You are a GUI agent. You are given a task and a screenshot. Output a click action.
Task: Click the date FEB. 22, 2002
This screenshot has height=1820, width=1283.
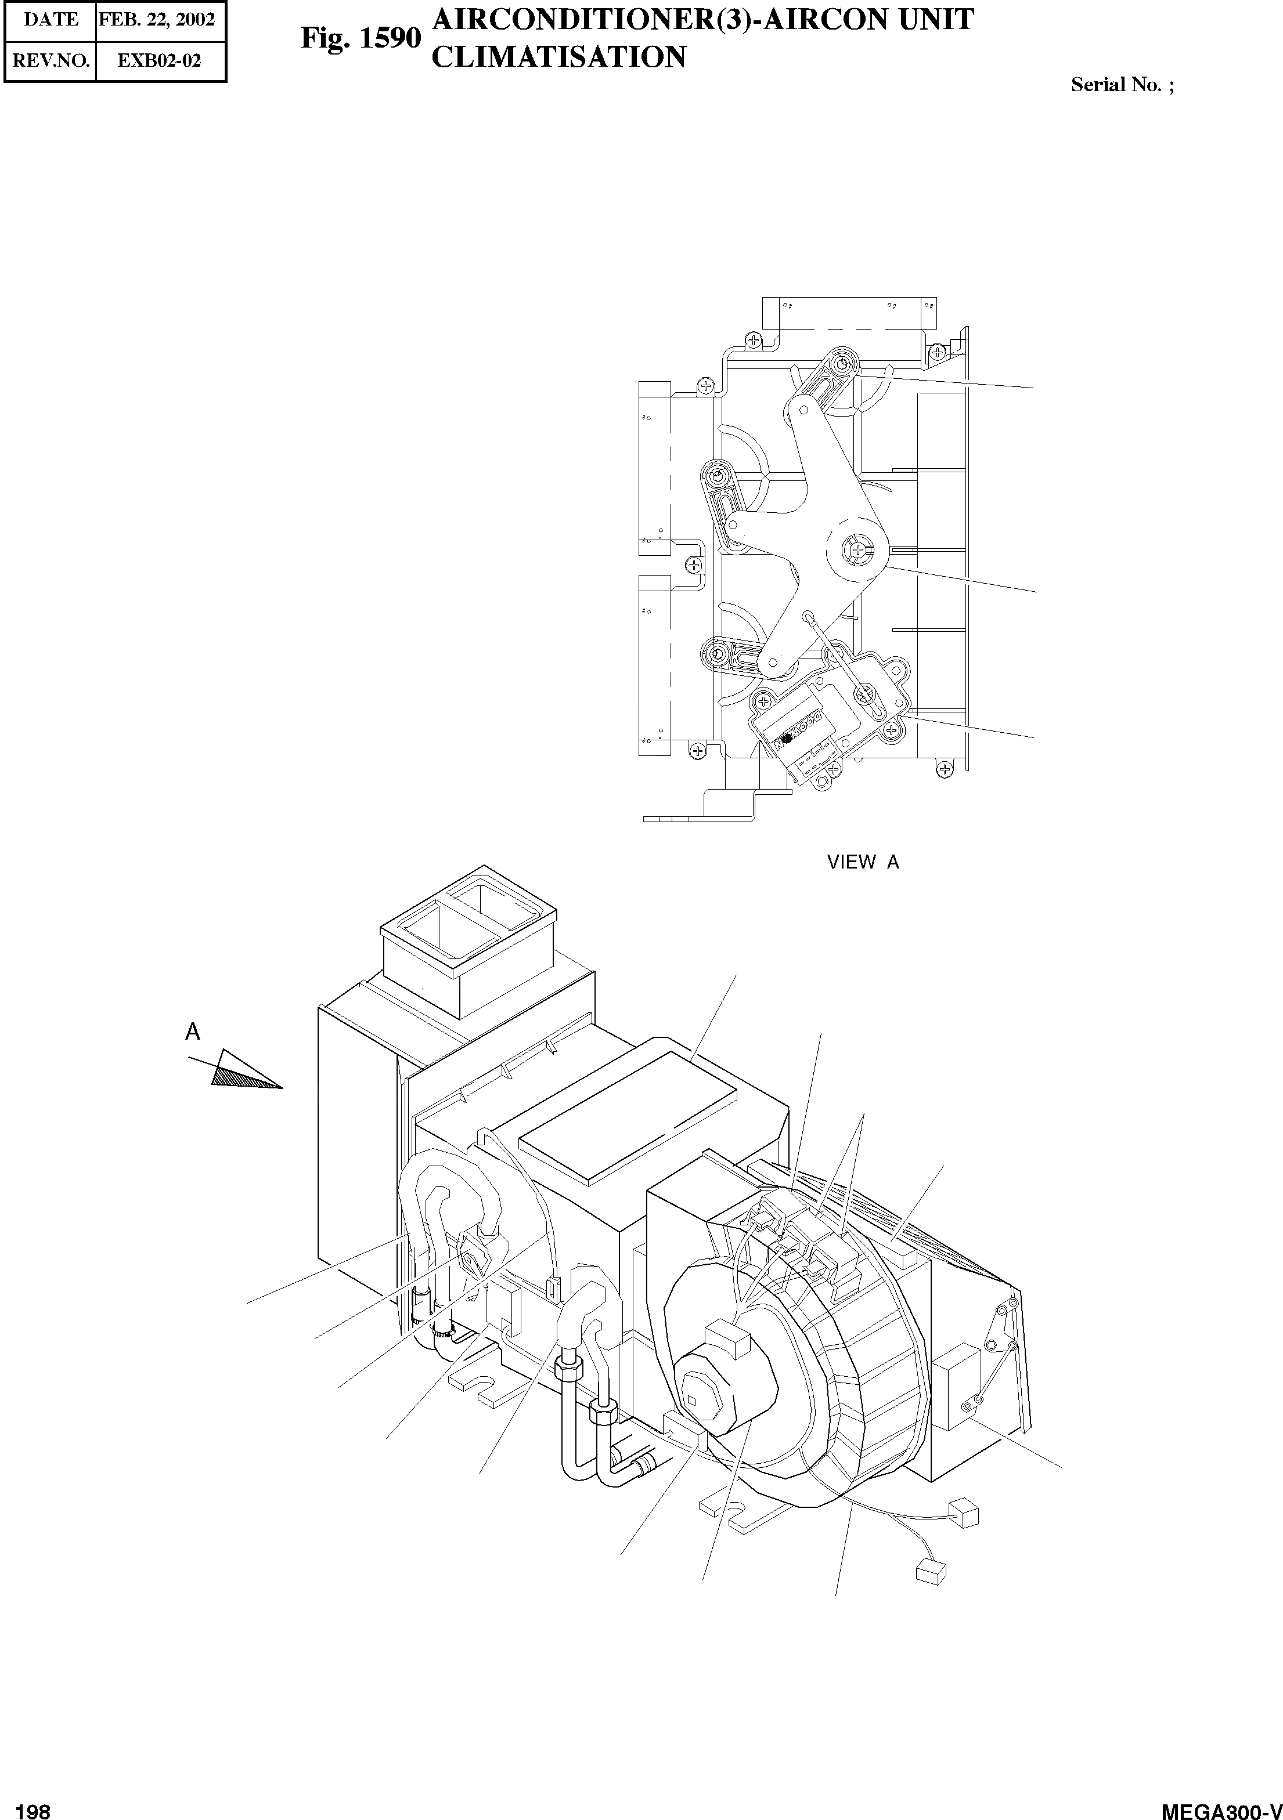click(156, 20)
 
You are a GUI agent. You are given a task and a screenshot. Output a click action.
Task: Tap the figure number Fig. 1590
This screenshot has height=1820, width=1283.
click(360, 38)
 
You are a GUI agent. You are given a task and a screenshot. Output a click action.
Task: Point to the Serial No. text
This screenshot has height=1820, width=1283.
click(1121, 86)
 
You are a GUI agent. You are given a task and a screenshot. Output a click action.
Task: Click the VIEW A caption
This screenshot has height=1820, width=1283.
click(863, 863)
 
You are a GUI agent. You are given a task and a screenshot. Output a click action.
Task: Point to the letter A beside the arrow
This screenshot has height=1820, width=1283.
click(193, 1032)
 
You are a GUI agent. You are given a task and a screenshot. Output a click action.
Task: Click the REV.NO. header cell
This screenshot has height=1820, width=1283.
click(51, 60)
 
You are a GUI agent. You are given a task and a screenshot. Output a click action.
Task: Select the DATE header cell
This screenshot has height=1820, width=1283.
click(51, 20)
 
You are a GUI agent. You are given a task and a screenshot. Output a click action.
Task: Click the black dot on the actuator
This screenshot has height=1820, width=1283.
click(786, 738)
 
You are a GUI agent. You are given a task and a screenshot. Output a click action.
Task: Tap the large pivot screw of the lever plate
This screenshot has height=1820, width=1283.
click(858, 548)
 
